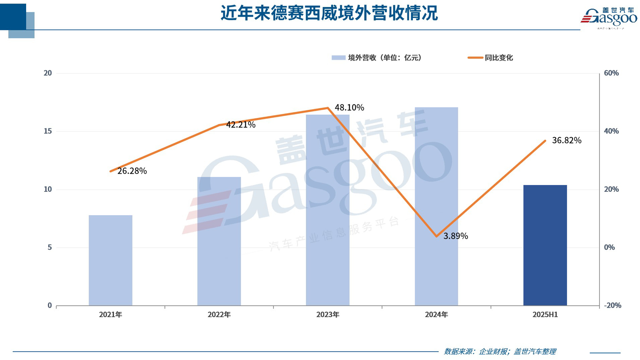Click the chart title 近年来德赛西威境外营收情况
coord(329,13)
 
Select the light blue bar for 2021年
coord(110,260)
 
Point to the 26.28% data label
coord(132,171)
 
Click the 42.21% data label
coord(241,125)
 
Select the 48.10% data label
coord(349,108)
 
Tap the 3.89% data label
coord(455,236)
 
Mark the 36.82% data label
coord(567,141)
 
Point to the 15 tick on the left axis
coord(48,131)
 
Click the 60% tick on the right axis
coord(611,73)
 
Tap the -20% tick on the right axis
coord(612,305)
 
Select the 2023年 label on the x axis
coord(328,315)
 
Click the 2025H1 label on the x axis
coord(545,315)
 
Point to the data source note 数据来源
coord(500,351)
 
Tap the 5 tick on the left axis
coord(50,248)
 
